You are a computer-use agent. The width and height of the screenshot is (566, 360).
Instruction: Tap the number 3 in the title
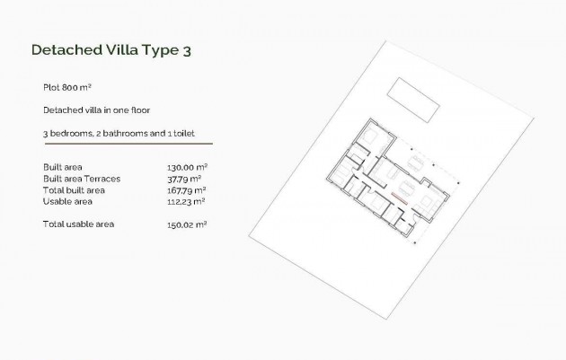186,51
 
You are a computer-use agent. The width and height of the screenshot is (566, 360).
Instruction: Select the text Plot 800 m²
68,88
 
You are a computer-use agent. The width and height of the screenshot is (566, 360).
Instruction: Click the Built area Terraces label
82,179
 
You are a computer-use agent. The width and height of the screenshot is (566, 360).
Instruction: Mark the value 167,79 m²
188,190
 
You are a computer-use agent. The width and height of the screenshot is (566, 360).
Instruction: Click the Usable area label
67,201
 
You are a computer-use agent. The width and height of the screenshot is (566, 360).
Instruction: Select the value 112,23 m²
188,201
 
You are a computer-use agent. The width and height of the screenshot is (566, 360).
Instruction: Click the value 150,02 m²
188,223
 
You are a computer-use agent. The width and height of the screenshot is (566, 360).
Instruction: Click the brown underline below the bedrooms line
127,144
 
